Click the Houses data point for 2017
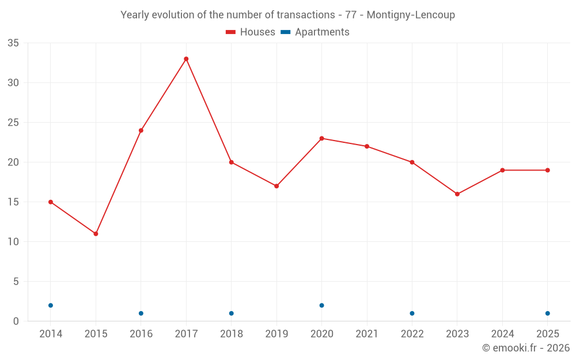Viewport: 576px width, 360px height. pyautogui.click(x=186, y=59)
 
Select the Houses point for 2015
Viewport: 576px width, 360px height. pyautogui.click(x=96, y=234)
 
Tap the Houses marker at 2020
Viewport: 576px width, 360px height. pyautogui.click(x=322, y=138)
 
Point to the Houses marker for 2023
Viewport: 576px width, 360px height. pyautogui.click(x=457, y=194)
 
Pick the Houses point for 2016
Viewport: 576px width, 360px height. pyautogui.click(x=141, y=130)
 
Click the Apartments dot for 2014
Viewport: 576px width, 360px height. pyautogui.click(x=51, y=305)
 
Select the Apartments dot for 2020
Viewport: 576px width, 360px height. pyautogui.click(x=322, y=305)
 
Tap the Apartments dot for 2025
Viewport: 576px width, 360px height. pyautogui.click(x=548, y=313)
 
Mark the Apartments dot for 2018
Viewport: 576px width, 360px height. pyautogui.click(x=232, y=313)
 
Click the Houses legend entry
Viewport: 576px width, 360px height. pyautogui.click(x=251, y=32)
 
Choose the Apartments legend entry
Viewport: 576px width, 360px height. pyautogui.click(x=315, y=32)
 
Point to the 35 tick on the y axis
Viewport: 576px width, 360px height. pyautogui.click(x=13, y=43)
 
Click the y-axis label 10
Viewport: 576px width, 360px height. pyautogui.click(x=13, y=242)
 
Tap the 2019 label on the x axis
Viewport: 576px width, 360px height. pyautogui.click(x=276, y=334)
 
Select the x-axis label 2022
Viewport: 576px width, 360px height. pyautogui.click(x=412, y=334)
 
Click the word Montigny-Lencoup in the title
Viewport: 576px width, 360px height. pyautogui.click(x=411, y=15)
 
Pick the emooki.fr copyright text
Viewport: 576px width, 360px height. pyautogui.click(x=526, y=347)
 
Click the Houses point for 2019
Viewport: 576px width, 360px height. pyautogui.click(x=276, y=186)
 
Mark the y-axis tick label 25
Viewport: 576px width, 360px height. pyautogui.click(x=13, y=122)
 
